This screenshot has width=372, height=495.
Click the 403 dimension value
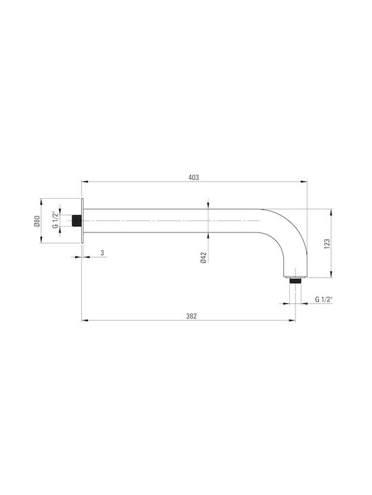(194, 177)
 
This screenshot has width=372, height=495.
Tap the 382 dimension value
(192, 316)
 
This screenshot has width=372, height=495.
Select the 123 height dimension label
(327, 243)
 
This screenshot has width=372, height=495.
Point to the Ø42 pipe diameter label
(203, 257)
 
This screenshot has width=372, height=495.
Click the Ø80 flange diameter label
(37, 221)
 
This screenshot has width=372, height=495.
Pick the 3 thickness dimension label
(102, 253)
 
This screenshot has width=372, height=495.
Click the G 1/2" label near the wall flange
(55, 219)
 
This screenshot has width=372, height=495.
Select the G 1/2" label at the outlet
(323, 300)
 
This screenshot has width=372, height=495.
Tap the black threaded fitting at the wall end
(76, 221)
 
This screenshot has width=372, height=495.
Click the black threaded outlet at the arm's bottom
(296, 280)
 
